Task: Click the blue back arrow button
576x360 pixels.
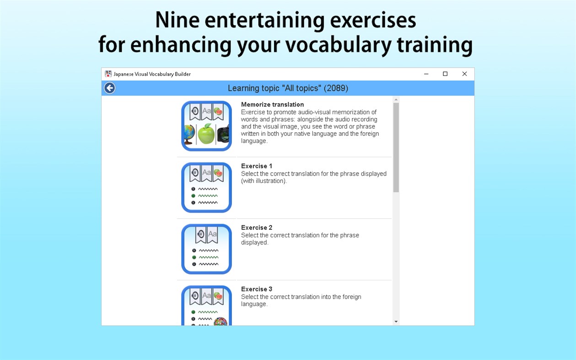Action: click(109, 88)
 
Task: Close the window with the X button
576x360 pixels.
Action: click(464, 74)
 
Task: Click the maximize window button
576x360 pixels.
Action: click(445, 74)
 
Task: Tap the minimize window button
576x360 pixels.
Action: click(426, 74)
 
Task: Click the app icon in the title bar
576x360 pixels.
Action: click(108, 74)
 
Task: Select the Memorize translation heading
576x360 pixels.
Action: click(272, 104)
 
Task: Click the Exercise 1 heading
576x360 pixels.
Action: click(257, 166)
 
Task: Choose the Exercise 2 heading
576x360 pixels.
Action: click(257, 227)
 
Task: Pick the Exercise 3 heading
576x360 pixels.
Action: click(257, 289)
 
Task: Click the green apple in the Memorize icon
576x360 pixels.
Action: click(206, 134)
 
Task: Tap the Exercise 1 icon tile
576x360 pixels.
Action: click(206, 188)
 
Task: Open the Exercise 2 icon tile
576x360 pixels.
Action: click(206, 249)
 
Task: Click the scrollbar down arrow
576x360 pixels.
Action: click(396, 322)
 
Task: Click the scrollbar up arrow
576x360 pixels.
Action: click(396, 99)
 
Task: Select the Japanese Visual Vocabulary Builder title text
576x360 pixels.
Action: click(152, 74)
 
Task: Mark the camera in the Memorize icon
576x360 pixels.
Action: click(223, 134)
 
